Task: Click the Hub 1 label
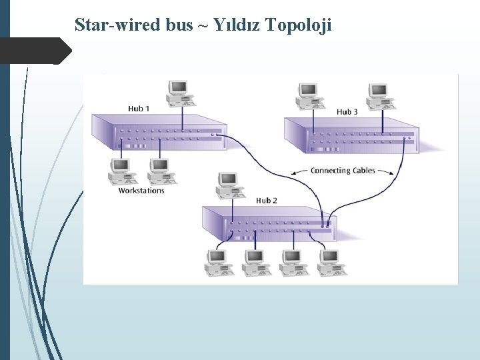click(139, 108)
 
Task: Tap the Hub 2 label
click(267, 200)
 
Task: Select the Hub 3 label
click(347, 111)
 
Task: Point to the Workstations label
click(141, 191)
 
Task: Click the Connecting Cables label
click(343, 171)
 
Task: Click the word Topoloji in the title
click(298, 25)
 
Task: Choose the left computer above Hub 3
click(309, 95)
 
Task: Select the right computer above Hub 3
click(379, 95)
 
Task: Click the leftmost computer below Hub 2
click(217, 261)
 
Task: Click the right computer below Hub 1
click(161, 170)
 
